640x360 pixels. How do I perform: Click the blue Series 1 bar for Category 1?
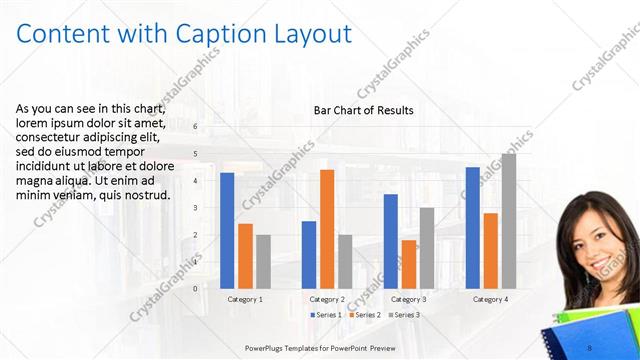tap(227, 230)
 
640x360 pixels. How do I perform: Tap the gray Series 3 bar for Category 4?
tap(508, 220)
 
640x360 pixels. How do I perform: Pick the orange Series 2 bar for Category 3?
tap(408, 264)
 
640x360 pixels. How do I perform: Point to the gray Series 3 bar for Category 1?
tap(263, 261)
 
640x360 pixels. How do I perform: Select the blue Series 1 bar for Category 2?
tap(309, 254)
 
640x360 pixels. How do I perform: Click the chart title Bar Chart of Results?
tap(363, 110)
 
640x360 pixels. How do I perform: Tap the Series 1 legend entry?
tap(327, 315)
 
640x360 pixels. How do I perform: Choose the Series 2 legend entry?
tap(365, 315)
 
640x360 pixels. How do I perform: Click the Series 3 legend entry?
tap(404, 315)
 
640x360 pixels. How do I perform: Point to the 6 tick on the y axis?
tap(195, 126)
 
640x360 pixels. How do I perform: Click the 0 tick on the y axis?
tap(195, 288)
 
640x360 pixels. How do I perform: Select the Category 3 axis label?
tap(408, 299)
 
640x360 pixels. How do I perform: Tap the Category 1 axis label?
tap(245, 299)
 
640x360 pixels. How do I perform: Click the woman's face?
tap(593, 241)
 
